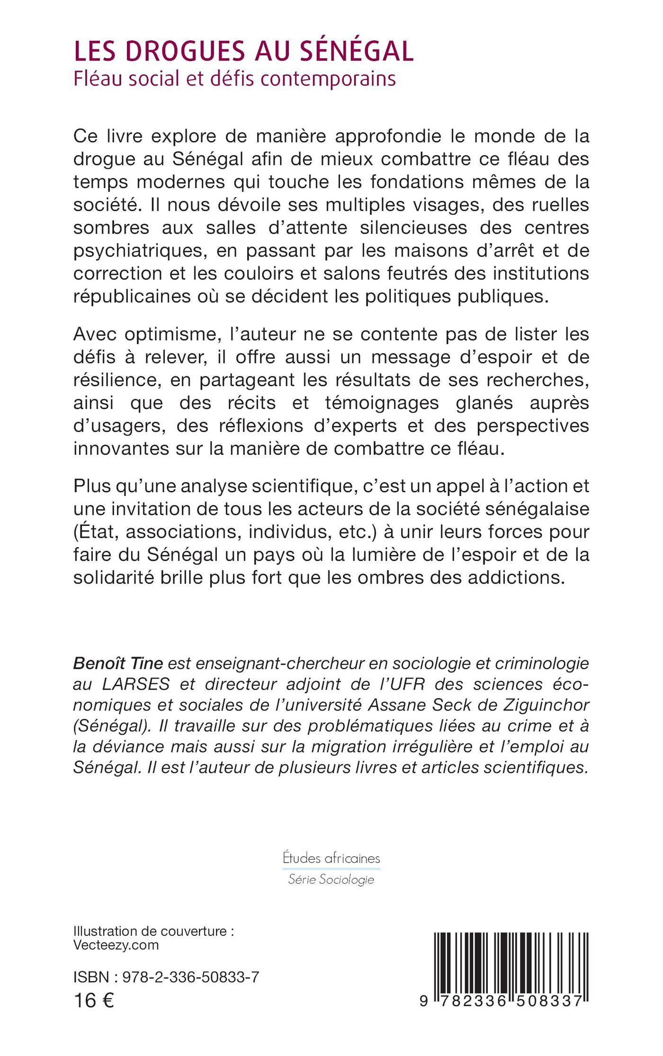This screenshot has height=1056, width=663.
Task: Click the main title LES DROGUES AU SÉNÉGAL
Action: pos(244,52)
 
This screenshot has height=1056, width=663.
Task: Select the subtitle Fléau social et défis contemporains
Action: pos(234,79)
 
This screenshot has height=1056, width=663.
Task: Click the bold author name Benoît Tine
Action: pos(118,664)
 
